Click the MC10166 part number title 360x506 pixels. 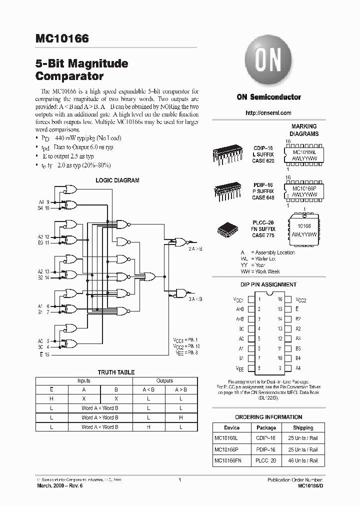tap(62, 38)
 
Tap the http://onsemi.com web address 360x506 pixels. tap(268, 113)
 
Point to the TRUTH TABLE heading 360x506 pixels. tap(115, 372)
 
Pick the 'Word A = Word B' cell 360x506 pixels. tap(100, 408)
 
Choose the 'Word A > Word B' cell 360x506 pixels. tap(100, 417)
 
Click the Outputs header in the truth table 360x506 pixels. tap(164, 381)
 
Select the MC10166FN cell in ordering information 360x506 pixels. tap(228, 460)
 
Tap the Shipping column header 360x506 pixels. tap(303, 428)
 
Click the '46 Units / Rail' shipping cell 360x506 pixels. tap(303, 460)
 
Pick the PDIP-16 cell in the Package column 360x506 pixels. tap(266, 449)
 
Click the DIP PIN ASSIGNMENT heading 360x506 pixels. tap(268, 284)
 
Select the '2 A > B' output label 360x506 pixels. tap(195, 248)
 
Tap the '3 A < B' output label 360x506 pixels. tap(195, 299)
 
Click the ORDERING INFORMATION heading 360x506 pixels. tap(268, 417)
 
